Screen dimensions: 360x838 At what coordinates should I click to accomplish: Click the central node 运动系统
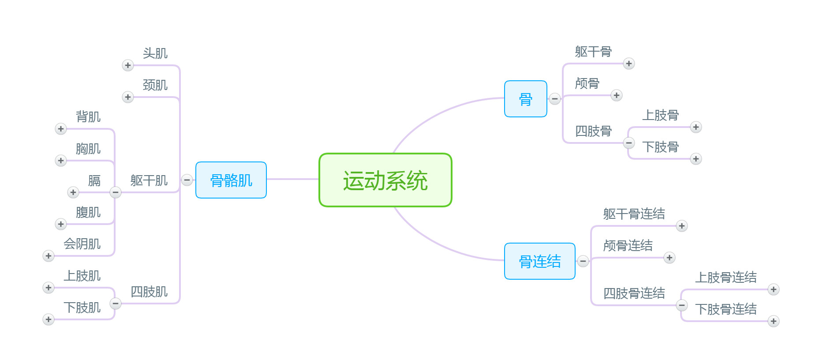tap(385, 180)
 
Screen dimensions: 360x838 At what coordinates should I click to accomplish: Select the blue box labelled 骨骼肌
tap(231, 180)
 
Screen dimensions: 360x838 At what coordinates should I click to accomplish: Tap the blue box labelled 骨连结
tap(539, 261)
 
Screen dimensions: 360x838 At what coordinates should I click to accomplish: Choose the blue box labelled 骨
tap(525, 99)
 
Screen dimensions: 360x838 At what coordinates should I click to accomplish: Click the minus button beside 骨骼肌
tap(187, 180)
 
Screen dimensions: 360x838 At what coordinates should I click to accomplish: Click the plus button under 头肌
tap(128, 65)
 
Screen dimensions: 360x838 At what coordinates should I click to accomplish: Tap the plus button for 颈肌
tap(128, 97)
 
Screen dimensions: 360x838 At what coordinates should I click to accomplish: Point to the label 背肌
tap(88, 117)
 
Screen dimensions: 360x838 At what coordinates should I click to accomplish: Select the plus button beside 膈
tap(73, 192)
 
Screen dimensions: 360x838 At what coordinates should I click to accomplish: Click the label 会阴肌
tap(82, 244)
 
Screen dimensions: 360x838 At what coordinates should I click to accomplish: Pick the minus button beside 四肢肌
tap(116, 304)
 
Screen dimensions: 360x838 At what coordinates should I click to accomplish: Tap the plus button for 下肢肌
tap(49, 319)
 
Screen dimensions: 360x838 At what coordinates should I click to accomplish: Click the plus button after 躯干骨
tap(629, 64)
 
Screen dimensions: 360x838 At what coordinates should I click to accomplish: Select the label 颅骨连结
tap(628, 245)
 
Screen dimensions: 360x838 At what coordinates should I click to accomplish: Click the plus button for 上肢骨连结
tap(774, 289)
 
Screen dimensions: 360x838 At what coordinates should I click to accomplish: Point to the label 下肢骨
tap(660, 147)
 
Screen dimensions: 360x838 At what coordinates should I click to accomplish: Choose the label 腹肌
tap(88, 212)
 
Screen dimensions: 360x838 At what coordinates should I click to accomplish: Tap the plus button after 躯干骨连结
tap(682, 226)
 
